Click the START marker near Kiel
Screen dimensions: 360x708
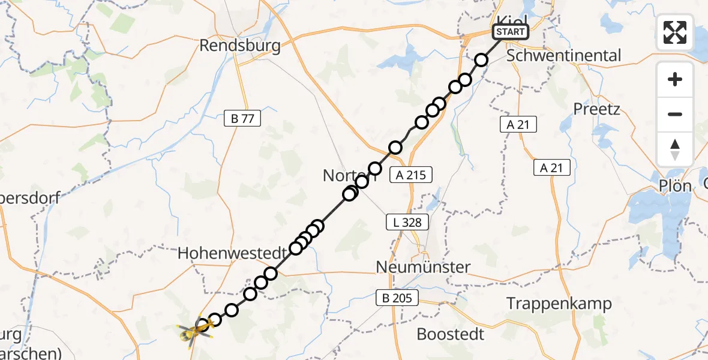tap(511, 32)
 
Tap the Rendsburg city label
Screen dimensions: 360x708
tap(240, 46)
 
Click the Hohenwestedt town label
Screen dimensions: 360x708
tap(232, 253)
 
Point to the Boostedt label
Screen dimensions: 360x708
tap(450, 334)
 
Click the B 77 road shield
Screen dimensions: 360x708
tap(242, 119)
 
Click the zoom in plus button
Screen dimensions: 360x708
tap(675, 79)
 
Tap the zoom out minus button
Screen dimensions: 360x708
tap(675, 114)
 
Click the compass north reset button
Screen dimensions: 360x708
tap(675, 149)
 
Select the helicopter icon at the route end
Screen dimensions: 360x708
tap(194, 330)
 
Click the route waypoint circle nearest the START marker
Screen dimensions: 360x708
tap(481, 59)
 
